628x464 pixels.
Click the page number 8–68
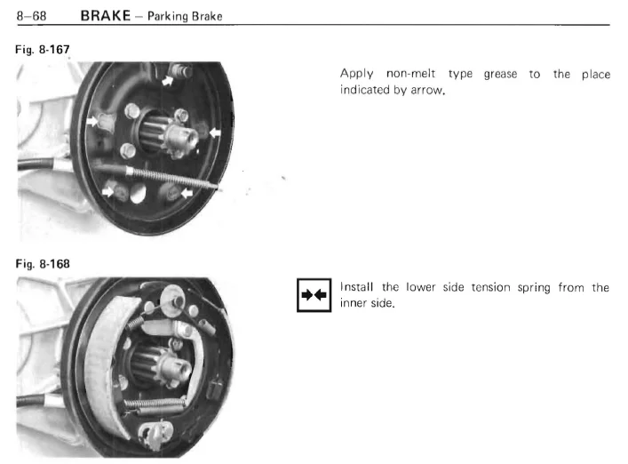(31, 16)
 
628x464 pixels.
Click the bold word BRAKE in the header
(106, 16)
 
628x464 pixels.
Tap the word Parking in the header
(168, 16)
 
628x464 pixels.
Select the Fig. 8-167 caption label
(43, 49)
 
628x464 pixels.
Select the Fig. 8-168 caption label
(43, 264)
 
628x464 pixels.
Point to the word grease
(500, 75)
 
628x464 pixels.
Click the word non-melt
(410, 74)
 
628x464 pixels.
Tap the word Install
(356, 287)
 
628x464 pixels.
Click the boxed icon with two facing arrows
(314, 295)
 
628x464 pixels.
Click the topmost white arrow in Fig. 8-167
(167, 81)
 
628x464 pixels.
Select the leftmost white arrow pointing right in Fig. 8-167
(92, 121)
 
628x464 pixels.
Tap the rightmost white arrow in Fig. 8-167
(215, 132)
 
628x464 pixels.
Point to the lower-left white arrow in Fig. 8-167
(107, 191)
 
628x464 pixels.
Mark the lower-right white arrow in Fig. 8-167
(187, 194)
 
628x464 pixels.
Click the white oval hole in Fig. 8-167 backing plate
(138, 193)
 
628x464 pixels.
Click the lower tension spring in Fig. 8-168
(155, 404)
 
